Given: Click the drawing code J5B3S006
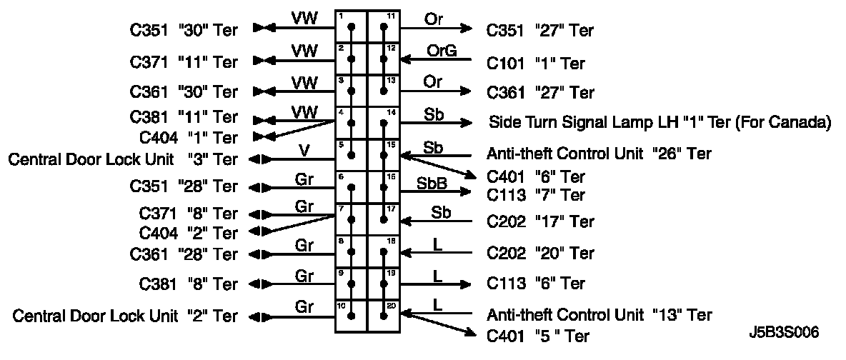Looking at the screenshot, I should (785, 333).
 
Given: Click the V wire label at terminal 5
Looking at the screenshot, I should (304, 149).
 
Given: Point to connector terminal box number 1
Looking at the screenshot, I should (351, 26).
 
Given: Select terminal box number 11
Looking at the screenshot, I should (384, 26).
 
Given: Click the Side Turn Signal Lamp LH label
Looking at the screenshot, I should (660, 122).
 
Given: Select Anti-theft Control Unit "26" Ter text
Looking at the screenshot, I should (599, 154).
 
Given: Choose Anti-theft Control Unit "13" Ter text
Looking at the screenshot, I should (599, 314).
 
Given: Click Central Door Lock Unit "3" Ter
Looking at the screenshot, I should (122, 159).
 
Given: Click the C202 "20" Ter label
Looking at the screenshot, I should (540, 253).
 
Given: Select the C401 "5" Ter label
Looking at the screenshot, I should (537, 335).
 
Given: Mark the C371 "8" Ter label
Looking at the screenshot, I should (189, 214).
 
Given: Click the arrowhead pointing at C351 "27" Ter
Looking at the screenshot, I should (467, 29).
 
